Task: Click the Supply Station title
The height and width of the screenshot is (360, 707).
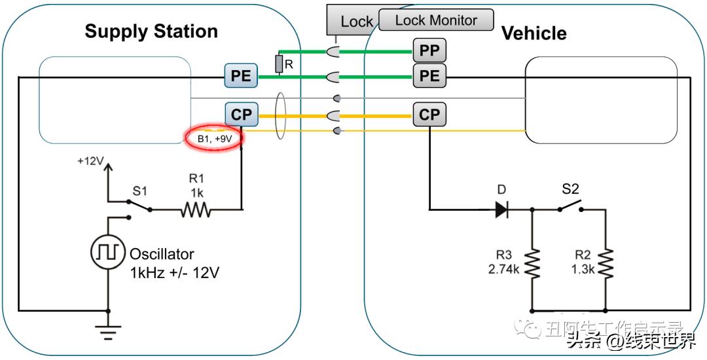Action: pyautogui.click(x=151, y=31)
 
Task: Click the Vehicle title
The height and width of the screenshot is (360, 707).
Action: pyautogui.click(x=534, y=33)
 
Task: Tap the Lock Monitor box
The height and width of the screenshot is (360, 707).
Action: pyautogui.click(x=436, y=20)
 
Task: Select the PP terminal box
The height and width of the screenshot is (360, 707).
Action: pyautogui.click(x=429, y=50)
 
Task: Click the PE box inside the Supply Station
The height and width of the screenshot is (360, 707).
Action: pyautogui.click(x=241, y=76)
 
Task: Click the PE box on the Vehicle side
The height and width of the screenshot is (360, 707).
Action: pyautogui.click(x=429, y=76)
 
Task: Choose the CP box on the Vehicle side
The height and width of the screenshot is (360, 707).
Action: pyautogui.click(x=429, y=115)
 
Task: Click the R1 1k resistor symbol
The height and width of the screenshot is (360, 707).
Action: pyautogui.click(x=196, y=210)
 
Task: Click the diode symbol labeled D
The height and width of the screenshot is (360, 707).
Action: pyautogui.click(x=502, y=209)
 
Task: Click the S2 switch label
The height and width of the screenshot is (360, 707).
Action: pyautogui.click(x=570, y=189)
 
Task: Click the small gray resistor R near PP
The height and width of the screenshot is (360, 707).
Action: pyautogui.click(x=279, y=63)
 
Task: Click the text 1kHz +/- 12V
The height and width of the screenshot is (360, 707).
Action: pyautogui.click(x=174, y=272)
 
